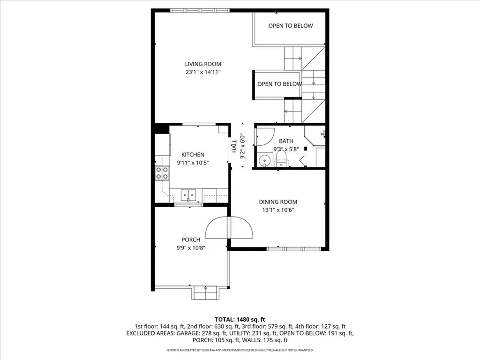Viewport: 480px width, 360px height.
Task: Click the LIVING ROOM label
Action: pyautogui.click(x=202, y=64)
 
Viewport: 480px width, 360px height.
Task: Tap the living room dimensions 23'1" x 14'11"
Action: pyautogui.click(x=202, y=72)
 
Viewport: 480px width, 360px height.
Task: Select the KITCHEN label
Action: pyautogui.click(x=193, y=155)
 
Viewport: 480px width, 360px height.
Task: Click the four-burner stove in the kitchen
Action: pyautogui.click(x=162, y=173)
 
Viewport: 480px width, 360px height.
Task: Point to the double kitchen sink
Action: pyautogui.click(x=189, y=194)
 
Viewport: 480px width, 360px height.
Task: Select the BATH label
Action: pyautogui.click(x=285, y=141)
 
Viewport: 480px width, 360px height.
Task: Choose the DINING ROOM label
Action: pyautogui.click(x=278, y=202)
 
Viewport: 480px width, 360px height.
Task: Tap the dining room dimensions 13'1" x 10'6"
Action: pyautogui.click(x=278, y=210)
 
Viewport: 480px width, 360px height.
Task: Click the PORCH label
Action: pyautogui.click(x=192, y=240)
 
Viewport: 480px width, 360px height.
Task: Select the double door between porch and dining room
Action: pyautogui.click(x=230, y=228)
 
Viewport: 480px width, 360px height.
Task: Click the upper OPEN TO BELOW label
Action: pyautogui.click(x=290, y=26)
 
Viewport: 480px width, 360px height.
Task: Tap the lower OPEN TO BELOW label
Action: pyautogui.click(x=279, y=84)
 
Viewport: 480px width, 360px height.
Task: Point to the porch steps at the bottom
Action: pyautogui.click(x=205, y=292)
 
